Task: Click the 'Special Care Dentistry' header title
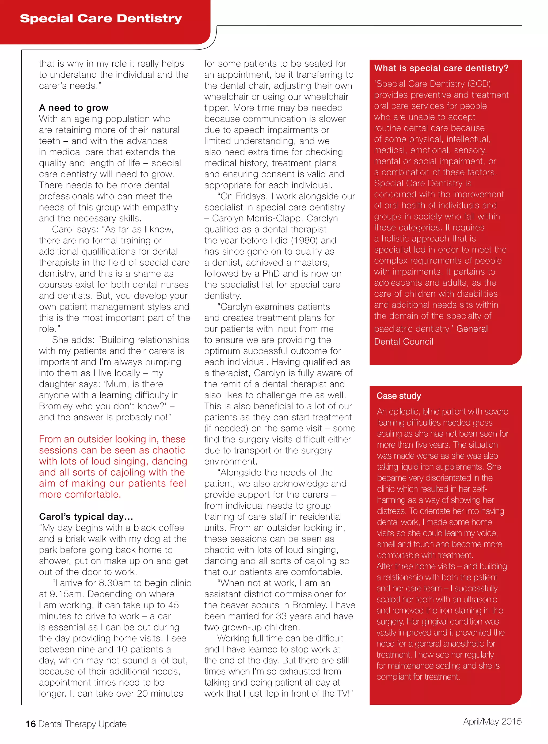[x=101, y=18]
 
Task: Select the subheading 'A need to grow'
[x=74, y=108]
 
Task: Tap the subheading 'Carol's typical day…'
[x=86, y=517]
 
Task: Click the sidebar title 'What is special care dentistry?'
[x=441, y=68]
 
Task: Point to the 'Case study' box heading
[x=398, y=396]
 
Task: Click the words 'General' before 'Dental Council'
[x=472, y=329]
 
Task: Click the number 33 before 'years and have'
[x=281, y=616]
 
